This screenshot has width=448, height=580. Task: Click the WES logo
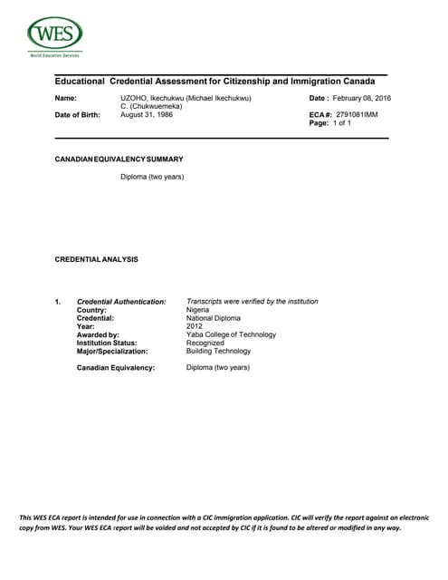pyautogui.click(x=54, y=35)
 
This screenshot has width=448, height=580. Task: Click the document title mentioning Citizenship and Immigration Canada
pyautogui.click(x=215, y=82)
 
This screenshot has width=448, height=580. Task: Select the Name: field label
pyautogui.click(x=65, y=98)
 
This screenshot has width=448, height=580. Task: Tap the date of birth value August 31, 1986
pyautogui.click(x=147, y=115)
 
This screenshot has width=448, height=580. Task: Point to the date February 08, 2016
pyautogui.click(x=361, y=98)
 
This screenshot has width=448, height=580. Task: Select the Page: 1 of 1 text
pyautogui.click(x=330, y=123)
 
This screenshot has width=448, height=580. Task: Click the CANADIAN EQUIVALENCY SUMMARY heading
pyautogui.click(x=119, y=159)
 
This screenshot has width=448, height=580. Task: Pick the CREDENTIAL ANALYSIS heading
pyautogui.click(x=97, y=259)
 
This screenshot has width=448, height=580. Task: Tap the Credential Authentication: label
pyautogui.click(x=121, y=301)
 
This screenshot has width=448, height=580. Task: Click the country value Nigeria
pyautogui.click(x=197, y=309)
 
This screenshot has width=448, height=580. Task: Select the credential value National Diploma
pyautogui.click(x=214, y=318)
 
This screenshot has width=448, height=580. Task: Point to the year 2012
pyautogui.click(x=195, y=326)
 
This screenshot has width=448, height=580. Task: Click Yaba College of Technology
pyautogui.click(x=231, y=334)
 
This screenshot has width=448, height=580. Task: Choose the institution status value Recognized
pyautogui.click(x=206, y=343)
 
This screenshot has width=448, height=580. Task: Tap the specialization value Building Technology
pyautogui.click(x=218, y=351)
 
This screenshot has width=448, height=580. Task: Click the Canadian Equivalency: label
pyautogui.click(x=116, y=368)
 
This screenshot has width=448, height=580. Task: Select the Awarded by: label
pyautogui.click(x=98, y=334)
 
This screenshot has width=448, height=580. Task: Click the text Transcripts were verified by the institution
pyautogui.click(x=252, y=301)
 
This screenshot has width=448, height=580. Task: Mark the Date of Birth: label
pyautogui.click(x=78, y=115)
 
